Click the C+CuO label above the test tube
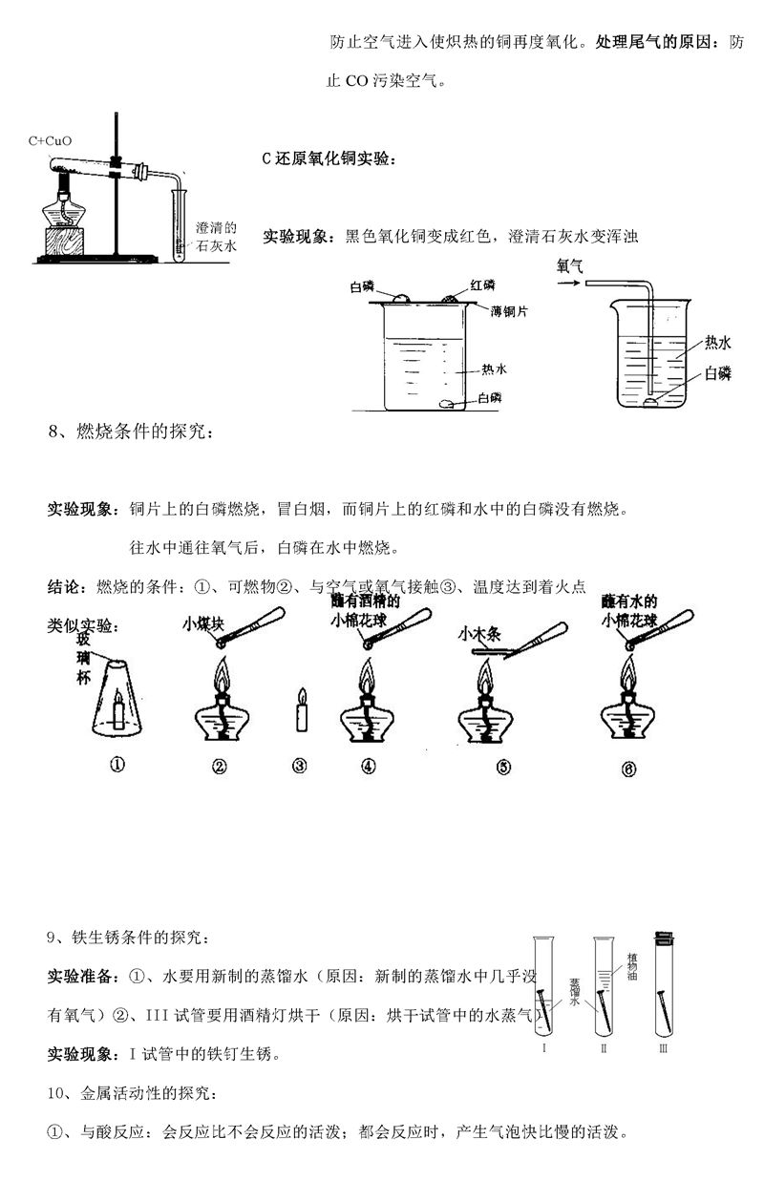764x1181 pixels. [x=50, y=141]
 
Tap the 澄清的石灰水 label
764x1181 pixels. [x=215, y=237]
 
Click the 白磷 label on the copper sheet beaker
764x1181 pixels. [x=362, y=285]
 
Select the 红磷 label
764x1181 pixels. [x=482, y=285]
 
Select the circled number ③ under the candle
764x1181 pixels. [x=300, y=765]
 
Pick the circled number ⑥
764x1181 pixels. [x=627, y=767]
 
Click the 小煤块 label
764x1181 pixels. [x=202, y=624]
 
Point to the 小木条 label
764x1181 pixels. [x=478, y=632]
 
